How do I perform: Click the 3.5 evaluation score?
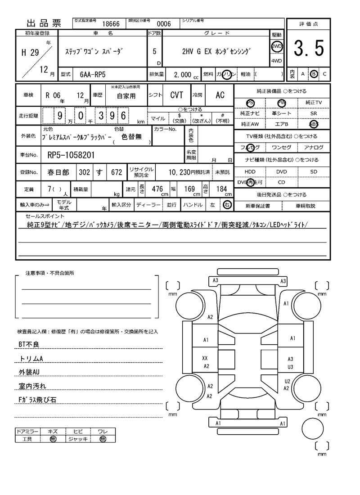pos(309,49)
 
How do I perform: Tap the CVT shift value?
pos(176,95)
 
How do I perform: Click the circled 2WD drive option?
pos(276,47)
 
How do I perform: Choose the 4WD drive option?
pos(276,61)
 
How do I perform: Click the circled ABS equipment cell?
pos(313,124)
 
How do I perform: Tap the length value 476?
pos(157,189)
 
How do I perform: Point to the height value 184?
pos(221,189)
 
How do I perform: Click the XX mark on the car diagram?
pos(205,358)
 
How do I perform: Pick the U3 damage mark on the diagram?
pos(290,367)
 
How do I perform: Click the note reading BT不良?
pos(29,344)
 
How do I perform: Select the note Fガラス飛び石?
pos(37,400)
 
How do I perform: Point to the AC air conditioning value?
pos(220,95)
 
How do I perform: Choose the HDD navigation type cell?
pos(250,172)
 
